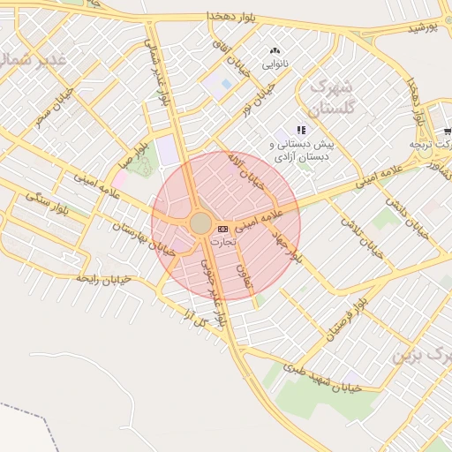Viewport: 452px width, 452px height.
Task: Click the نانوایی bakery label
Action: (x=274, y=64)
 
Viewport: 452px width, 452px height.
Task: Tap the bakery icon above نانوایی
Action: (x=274, y=51)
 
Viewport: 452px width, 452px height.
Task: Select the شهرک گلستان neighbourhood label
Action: (x=332, y=97)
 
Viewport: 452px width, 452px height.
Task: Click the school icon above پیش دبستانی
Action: (x=301, y=130)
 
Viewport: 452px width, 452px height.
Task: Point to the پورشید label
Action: (x=423, y=29)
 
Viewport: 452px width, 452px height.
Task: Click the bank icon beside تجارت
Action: (x=222, y=230)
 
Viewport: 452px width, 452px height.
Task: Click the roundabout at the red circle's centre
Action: (x=200, y=222)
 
